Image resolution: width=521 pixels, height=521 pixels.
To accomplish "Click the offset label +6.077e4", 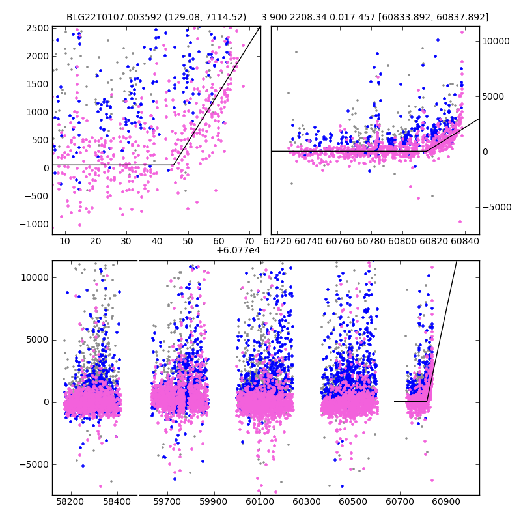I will [238, 250].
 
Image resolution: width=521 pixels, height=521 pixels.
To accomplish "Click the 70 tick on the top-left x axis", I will [249, 241].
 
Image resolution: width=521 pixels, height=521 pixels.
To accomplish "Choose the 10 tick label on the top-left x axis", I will [64, 241].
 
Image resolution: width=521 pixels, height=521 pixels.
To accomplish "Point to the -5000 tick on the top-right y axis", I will [496, 208].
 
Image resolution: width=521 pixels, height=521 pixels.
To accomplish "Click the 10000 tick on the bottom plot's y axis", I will [36, 277].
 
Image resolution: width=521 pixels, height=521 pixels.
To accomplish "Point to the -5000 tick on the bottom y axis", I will [36, 464].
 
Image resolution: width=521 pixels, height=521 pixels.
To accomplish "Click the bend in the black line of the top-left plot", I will [173, 165].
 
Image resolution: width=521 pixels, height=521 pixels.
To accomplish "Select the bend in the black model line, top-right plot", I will [425, 152].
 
